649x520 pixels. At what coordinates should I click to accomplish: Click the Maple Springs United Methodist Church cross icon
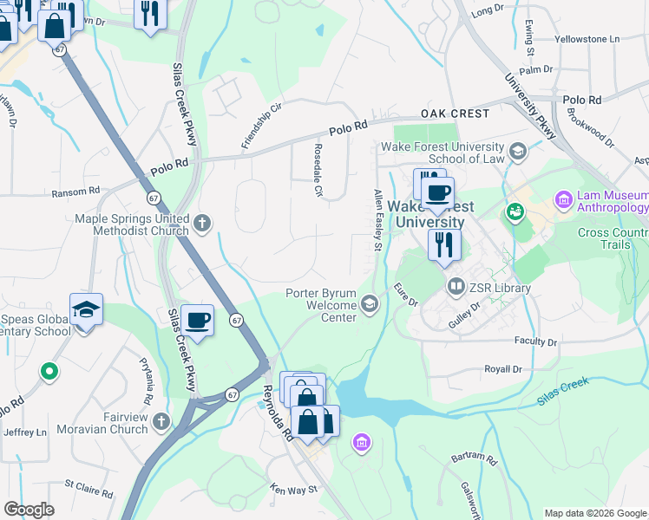202,224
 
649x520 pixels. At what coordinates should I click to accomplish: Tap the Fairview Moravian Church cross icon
161,422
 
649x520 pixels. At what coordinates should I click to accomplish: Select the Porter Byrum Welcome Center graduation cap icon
370,302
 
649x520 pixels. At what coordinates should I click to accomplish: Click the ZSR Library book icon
455,285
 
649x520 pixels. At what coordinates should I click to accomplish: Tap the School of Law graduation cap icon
518,153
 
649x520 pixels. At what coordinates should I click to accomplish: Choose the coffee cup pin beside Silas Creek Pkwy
198,321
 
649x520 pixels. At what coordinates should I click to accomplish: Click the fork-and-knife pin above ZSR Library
444,244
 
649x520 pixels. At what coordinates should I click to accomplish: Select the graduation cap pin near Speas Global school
86,309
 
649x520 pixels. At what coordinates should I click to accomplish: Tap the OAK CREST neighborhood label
456,114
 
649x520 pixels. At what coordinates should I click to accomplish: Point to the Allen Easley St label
378,220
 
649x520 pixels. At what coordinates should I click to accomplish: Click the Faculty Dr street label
534,341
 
